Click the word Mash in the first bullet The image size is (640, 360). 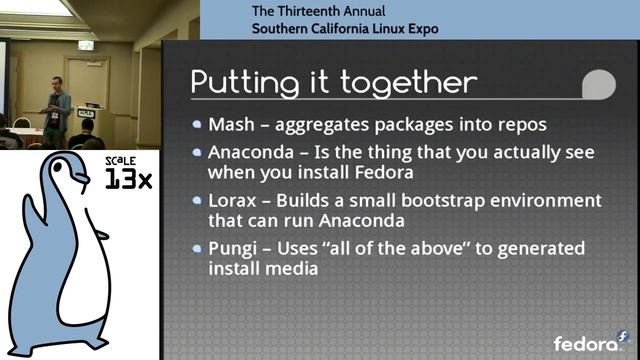point(229,126)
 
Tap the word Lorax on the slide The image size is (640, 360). point(231,200)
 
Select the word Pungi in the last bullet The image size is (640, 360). point(232,248)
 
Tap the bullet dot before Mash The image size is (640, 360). point(198,126)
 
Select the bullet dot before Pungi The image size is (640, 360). point(198,248)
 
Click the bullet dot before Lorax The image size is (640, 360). point(198,200)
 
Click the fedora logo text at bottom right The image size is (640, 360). point(584,343)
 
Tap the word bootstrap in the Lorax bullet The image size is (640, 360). point(438,200)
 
